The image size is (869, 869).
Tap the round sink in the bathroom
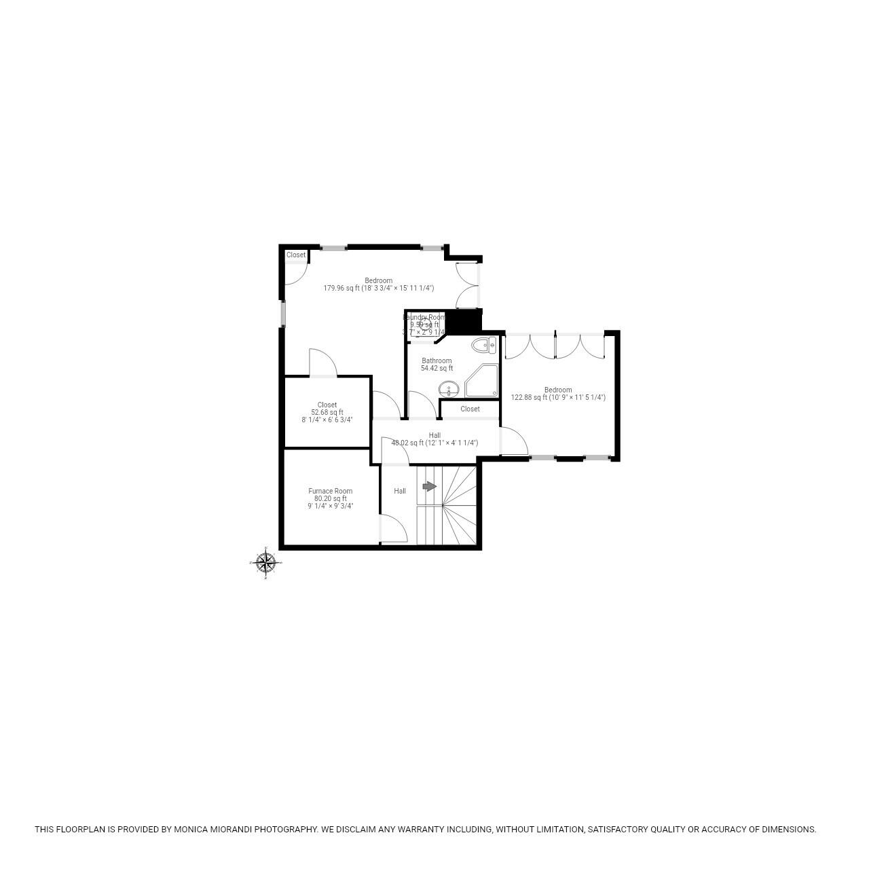tap(448, 390)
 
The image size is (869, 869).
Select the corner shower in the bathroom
tap(482, 380)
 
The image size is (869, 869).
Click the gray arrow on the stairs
tap(429, 486)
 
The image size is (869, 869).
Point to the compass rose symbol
tap(265, 562)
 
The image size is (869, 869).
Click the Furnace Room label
tap(330, 491)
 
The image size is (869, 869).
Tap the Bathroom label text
tap(437, 360)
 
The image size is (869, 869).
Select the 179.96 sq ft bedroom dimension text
tap(378, 289)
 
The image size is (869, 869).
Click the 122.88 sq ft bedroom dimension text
tap(558, 398)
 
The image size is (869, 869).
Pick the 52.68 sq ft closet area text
tap(327, 412)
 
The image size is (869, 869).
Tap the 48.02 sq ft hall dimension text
tap(434, 443)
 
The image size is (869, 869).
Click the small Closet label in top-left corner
tap(296, 255)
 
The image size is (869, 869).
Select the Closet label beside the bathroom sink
tap(470, 409)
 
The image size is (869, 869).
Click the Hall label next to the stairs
tap(400, 491)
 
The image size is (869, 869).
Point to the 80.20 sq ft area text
tap(330, 498)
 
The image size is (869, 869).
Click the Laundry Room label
tap(425, 317)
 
